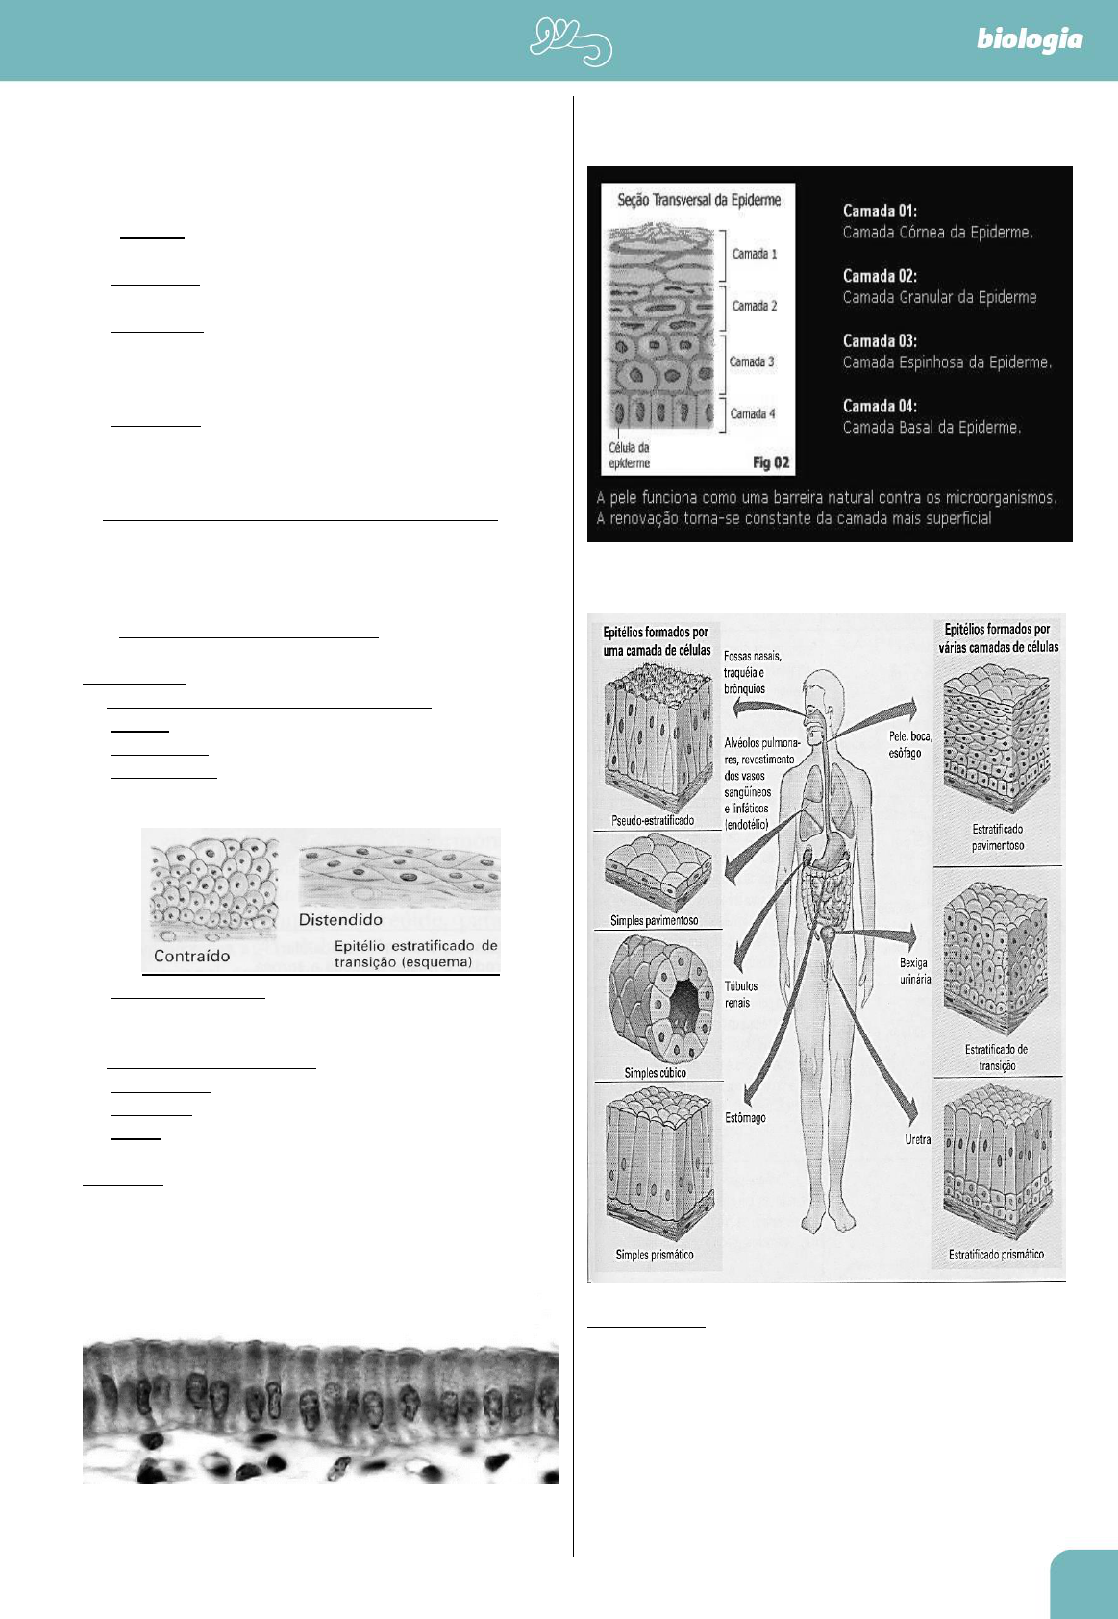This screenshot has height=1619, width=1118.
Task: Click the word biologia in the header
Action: click(1029, 39)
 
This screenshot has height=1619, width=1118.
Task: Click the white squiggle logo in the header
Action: click(571, 42)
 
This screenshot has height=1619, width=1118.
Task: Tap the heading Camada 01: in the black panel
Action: click(880, 211)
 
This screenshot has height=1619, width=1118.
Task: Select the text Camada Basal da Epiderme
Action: click(932, 427)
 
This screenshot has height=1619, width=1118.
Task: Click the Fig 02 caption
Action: click(770, 462)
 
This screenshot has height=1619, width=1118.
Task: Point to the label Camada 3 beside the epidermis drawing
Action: click(751, 361)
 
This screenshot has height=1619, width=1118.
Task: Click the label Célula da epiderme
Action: click(629, 455)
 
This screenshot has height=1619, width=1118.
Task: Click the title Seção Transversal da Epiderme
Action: click(699, 200)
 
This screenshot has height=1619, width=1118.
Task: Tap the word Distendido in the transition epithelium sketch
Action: click(340, 920)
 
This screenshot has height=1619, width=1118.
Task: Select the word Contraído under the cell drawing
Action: click(192, 956)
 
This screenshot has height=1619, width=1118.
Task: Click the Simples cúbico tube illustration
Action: click(661, 1000)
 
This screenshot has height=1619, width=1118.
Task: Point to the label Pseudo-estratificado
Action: click(653, 820)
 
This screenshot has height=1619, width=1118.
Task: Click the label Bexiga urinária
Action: click(914, 970)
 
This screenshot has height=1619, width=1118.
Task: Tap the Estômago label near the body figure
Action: click(745, 1118)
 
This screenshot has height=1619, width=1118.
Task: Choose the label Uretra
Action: click(918, 1139)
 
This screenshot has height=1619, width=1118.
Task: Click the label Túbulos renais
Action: click(740, 994)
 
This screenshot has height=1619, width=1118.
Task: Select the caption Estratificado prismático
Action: click(996, 1254)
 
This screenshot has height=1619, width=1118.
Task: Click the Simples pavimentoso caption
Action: click(654, 920)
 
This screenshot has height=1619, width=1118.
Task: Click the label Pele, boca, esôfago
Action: click(909, 744)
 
